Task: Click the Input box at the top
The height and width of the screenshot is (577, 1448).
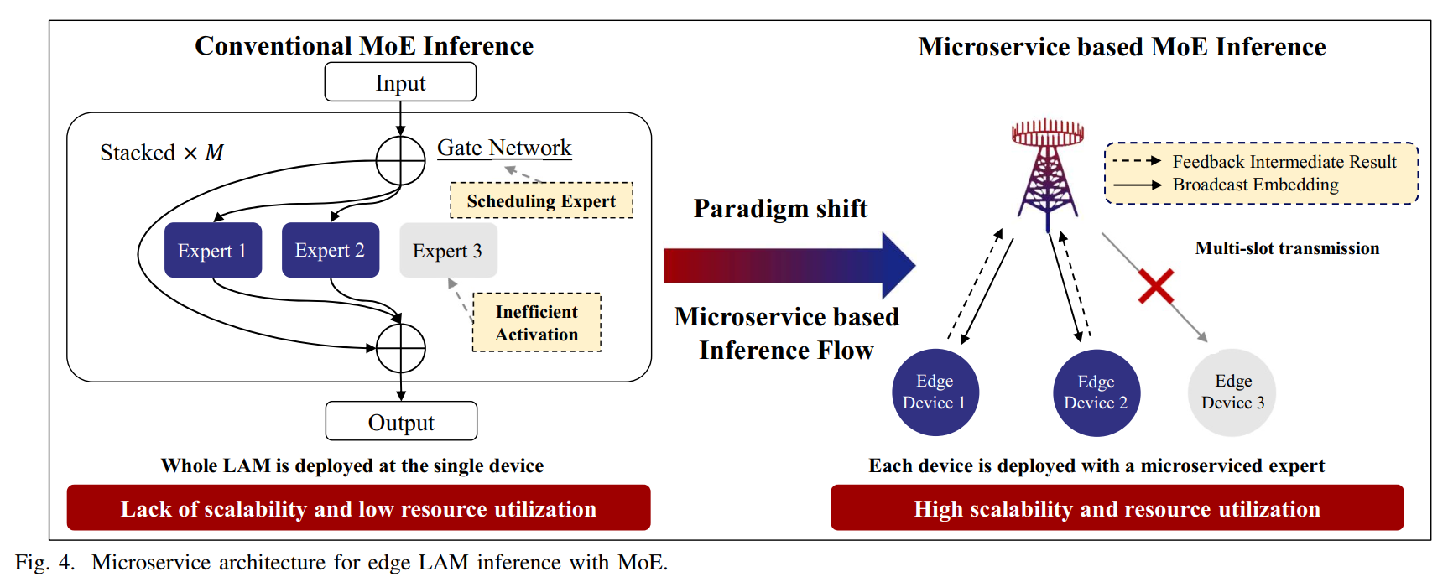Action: click(x=400, y=83)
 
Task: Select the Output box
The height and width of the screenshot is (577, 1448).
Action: click(x=401, y=421)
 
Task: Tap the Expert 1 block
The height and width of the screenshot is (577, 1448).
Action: click(x=212, y=250)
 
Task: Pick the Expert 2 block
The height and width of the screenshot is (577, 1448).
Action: click(x=330, y=250)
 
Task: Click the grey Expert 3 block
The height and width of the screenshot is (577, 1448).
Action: click(x=448, y=250)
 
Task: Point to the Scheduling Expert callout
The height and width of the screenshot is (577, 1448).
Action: click(x=541, y=201)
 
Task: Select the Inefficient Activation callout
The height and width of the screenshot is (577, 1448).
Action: click(x=537, y=323)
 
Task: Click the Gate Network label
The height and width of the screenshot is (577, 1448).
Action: click(x=504, y=148)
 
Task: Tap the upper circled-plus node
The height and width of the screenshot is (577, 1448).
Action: click(x=400, y=159)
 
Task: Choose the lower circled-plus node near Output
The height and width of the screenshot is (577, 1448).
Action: click(x=400, y=348)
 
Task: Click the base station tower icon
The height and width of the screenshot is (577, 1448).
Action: click(x=1048, y=172)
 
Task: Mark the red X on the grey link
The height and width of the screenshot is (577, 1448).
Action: click(x=1156, y=287)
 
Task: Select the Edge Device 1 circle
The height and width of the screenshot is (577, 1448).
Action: click(x=935, y=392)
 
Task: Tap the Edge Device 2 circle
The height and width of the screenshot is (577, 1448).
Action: click(x=1096, y=392)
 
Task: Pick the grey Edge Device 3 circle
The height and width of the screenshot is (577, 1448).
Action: click(x=1232, y=392)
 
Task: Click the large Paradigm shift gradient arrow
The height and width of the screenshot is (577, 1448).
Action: click(x=789, y=265)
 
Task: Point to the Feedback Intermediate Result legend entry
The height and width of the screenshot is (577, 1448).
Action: click(x=1284, y=162)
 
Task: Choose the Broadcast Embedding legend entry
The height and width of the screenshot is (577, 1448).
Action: click(x=1255, y=185)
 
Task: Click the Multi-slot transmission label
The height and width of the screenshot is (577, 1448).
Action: click(x=1287, y=248)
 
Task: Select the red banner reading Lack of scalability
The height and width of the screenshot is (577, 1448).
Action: click(x=358, y=508)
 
